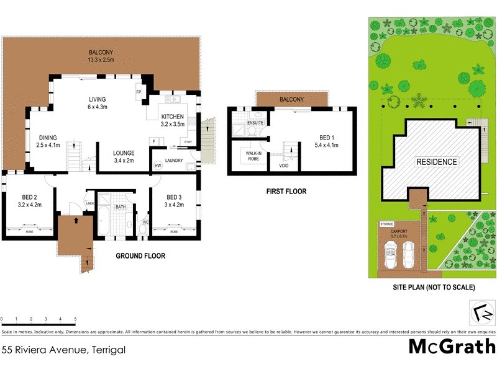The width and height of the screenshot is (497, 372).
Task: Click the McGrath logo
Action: point(452,346)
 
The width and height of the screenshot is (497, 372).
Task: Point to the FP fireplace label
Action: point(139,93)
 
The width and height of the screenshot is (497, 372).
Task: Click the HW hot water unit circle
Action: point(158,166)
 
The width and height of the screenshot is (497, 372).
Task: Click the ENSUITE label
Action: point(255,123)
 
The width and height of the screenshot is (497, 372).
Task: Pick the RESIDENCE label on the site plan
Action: point(437,162)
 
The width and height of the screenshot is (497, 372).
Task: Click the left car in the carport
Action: point(391,254)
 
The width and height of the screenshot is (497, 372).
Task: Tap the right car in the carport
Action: point(409,254)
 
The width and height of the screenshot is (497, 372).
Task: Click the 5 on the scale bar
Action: point(76,319)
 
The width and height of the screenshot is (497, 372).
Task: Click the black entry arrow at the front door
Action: point(75,220)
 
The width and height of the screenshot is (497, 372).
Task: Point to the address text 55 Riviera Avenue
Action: point(63,350)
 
